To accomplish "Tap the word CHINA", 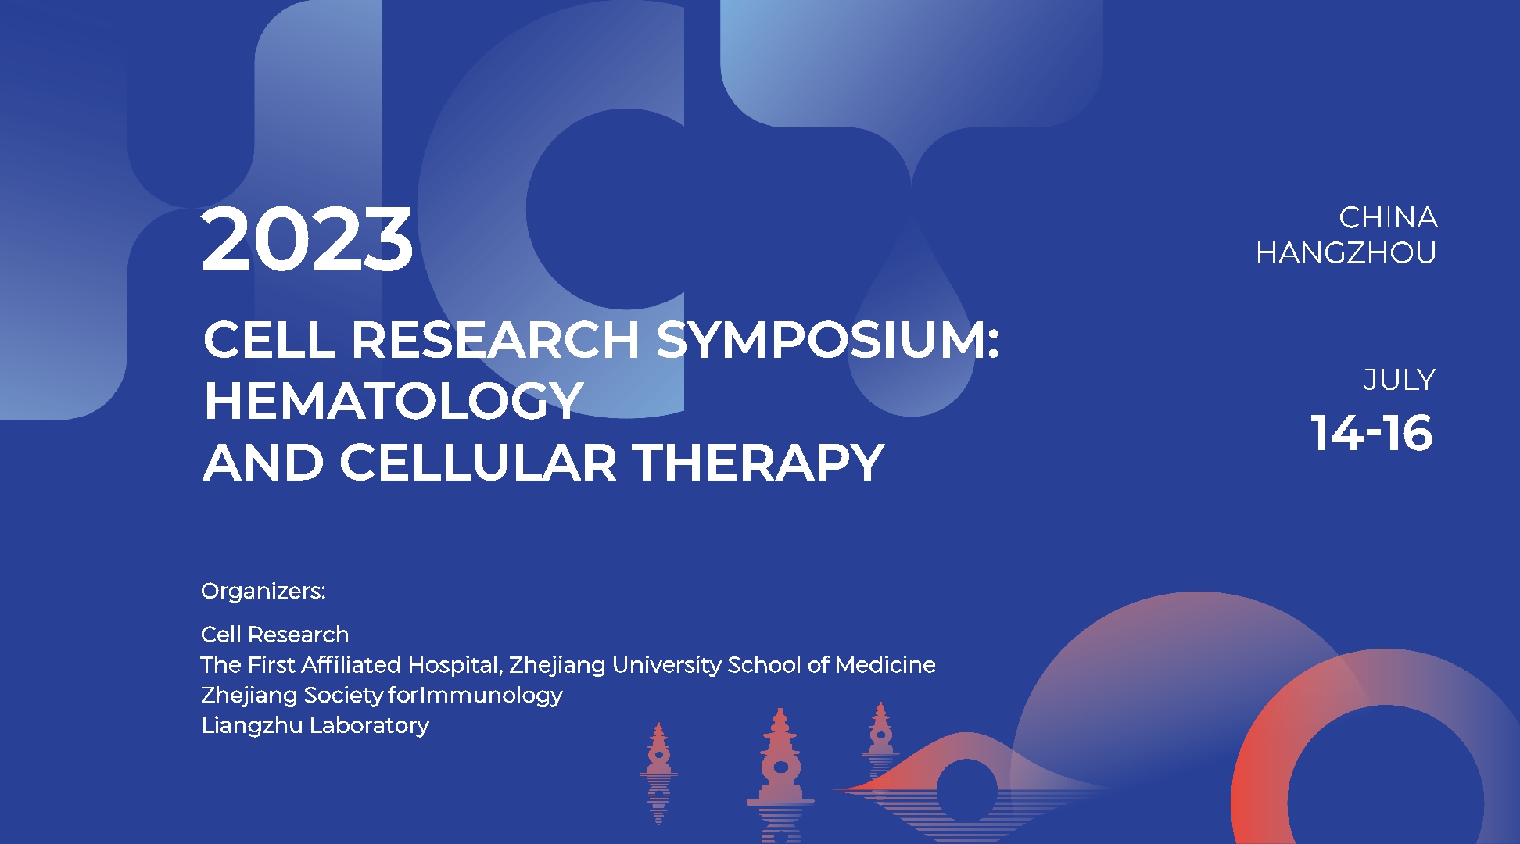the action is [1388, 217].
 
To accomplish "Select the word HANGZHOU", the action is [1346, 252].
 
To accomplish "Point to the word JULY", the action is [1399, 380].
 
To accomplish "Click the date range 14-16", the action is [1372, 433].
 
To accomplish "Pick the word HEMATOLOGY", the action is [393, 401].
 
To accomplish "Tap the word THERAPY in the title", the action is [758, 462].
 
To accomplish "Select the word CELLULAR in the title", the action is [479, 462].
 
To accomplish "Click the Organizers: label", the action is [263, 591].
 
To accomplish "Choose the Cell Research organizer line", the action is [274, 635].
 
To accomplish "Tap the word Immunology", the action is [492, 695].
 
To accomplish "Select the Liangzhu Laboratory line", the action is [315, 725].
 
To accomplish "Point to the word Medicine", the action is [885, 665].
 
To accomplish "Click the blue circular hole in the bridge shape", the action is [967, 790].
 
